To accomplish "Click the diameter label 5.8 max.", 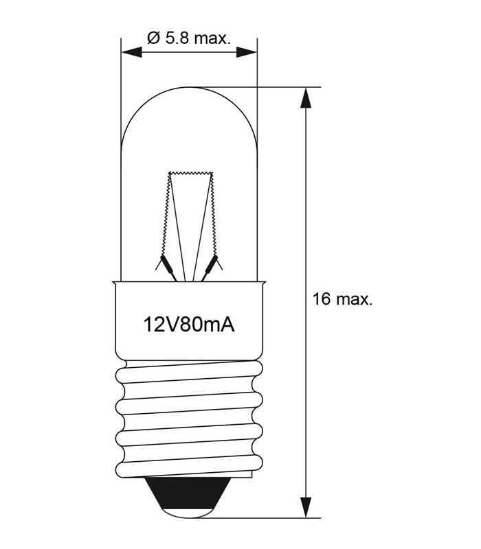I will (x=188, y=38).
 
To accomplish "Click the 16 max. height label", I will (x=342, y=299).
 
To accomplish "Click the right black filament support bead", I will (x=213, y=264).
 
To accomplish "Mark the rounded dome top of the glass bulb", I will (x=189, y=89).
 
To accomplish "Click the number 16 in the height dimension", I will (x=321, y=299).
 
